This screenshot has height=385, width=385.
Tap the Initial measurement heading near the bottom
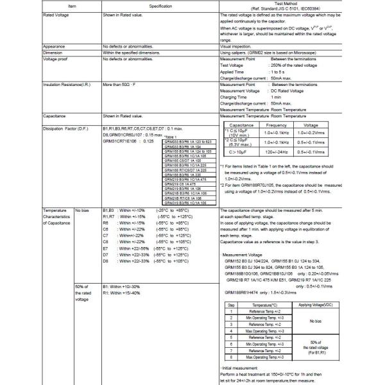click(241, 366)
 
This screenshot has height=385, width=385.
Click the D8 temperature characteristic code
click(107, 262)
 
